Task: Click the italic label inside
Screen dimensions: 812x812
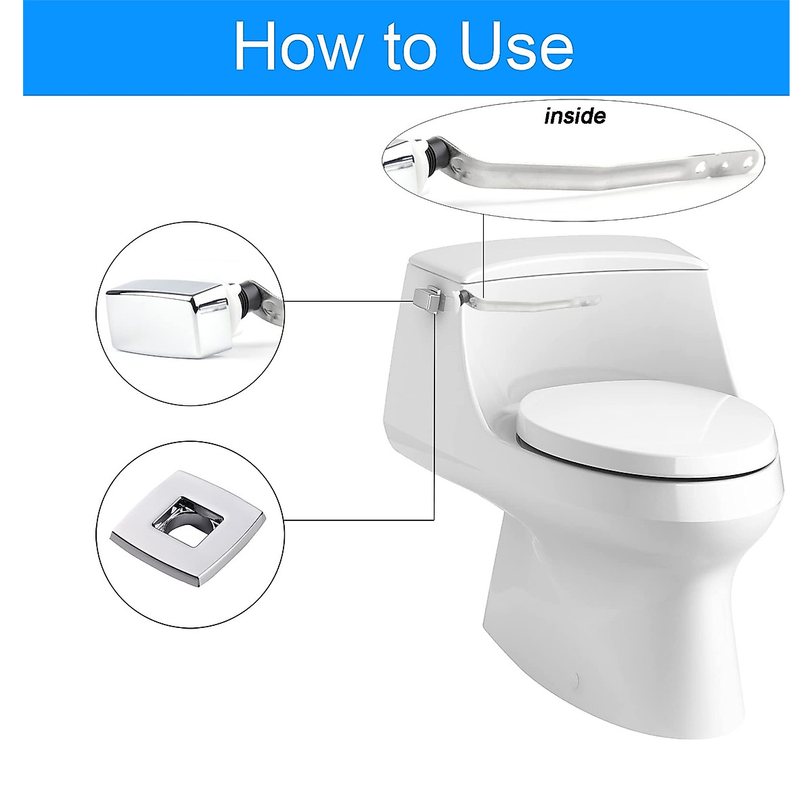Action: pyautogui.click(x=574, y=116)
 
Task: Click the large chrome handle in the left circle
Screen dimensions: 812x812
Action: pyautogui.click(x=162, y=318)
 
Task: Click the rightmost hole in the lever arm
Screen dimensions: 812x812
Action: pyautogui.click(x=747, y=162)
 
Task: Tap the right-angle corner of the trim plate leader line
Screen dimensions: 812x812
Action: pyautogui.click(x=434, y=520)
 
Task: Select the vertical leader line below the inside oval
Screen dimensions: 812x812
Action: pyautogui.click(x=482, y=250)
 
